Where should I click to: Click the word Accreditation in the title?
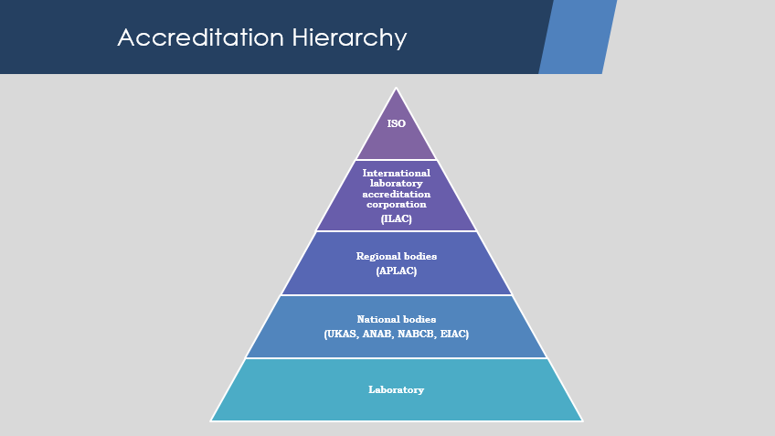click(201, 37)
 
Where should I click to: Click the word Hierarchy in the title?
click(349, 38)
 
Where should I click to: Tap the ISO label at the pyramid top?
click(397, 123)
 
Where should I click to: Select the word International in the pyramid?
click(397, 173)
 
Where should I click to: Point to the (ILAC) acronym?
click(397, 218)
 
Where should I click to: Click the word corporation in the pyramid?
click(397, 205)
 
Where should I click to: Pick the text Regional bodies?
click(397, 256)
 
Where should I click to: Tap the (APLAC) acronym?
click(397, 271)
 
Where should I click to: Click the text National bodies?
click(397, 319)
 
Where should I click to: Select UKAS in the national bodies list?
click(341, 335)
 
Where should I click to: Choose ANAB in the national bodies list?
click(377, 335)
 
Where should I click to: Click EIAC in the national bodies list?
click(454, 335)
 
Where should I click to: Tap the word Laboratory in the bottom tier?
click(397, 390)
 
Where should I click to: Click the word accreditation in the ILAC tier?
click(397, 195)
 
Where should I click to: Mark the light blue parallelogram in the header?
click(578, 37)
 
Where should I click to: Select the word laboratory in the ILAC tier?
click(397, 184)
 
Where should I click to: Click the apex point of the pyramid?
click(396, 88)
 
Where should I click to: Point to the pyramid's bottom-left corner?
click(210, 421)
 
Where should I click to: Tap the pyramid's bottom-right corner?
click(583, 421)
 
